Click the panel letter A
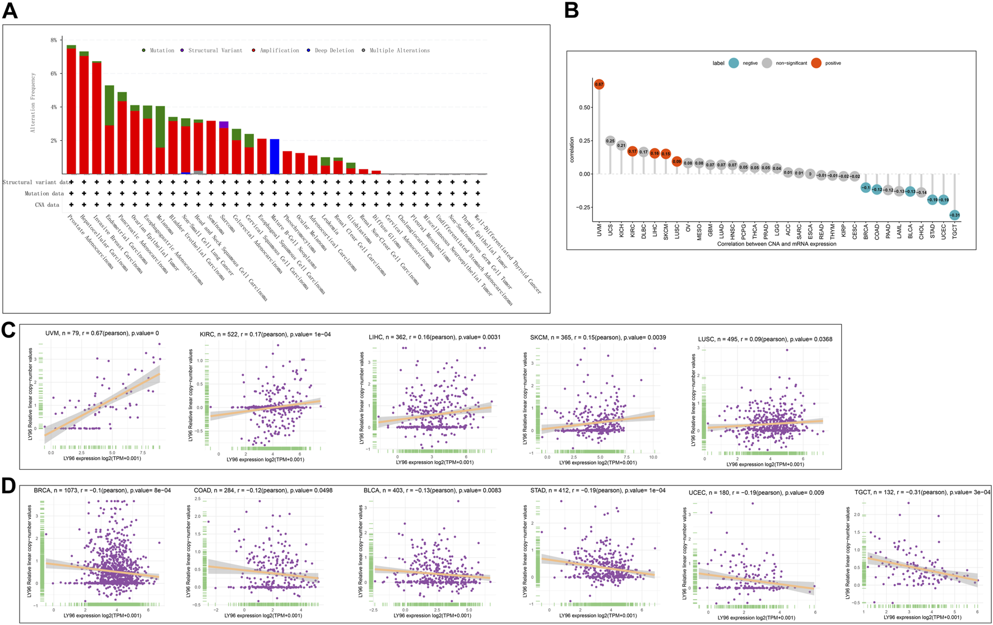pyautogui.click(x=10, y=11)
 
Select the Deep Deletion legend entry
pyautogui.click(x=334, y=50)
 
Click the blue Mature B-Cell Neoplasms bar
pyautogui.click(x=275, y=156)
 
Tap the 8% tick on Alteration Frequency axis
pyautogui.click(x=54, y=40)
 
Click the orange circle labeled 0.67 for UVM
pyautogui.click(x=599, y=85)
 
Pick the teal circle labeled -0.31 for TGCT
pyautogui.click(x=954, y=215)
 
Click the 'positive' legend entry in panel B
pyautogui.click(x=833, y=63)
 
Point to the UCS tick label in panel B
pyautogui.click(x=610, y=230)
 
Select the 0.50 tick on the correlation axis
pyautogui.click(x=584, y=107)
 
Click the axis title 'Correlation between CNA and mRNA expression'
pyautogui.click(x=776, y=244)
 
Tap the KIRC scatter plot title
pyautogui.click(x=265, y=334)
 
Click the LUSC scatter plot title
pyautogui.click(x=765, y=339)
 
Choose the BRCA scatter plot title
pyautogui.click(x=102, y=490)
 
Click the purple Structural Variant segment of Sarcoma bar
pyautogui.click(x=224, y=124)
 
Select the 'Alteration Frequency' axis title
pyautogui.click(x=33, y=102)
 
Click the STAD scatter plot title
pyautogui.click(x=598, y=490)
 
